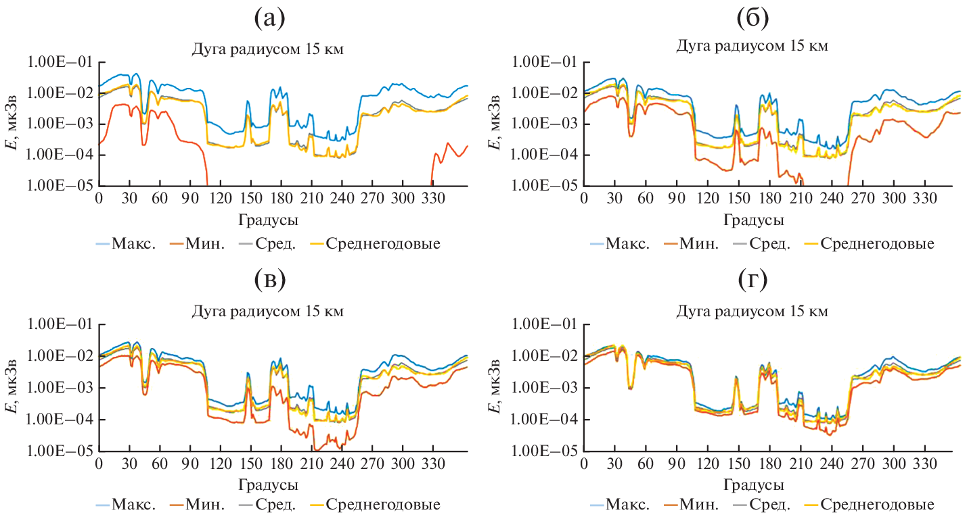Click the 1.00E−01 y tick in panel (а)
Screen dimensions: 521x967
(58, 61)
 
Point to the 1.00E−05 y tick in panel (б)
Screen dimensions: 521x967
(543, 186)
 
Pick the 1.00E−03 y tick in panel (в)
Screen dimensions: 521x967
(58, 388)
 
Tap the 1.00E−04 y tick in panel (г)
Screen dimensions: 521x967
(543, 420)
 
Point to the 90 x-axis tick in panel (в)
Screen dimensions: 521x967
(190, 466)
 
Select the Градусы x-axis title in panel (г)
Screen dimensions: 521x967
(754, 485)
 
